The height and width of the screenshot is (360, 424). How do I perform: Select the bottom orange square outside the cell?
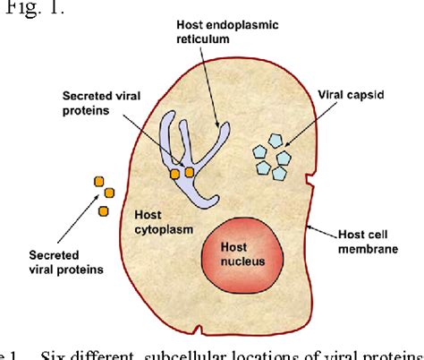pyautogui.click(x=103, y=210)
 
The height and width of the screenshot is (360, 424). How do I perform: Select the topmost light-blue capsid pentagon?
pyautogui.click(x=276, y=141)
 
